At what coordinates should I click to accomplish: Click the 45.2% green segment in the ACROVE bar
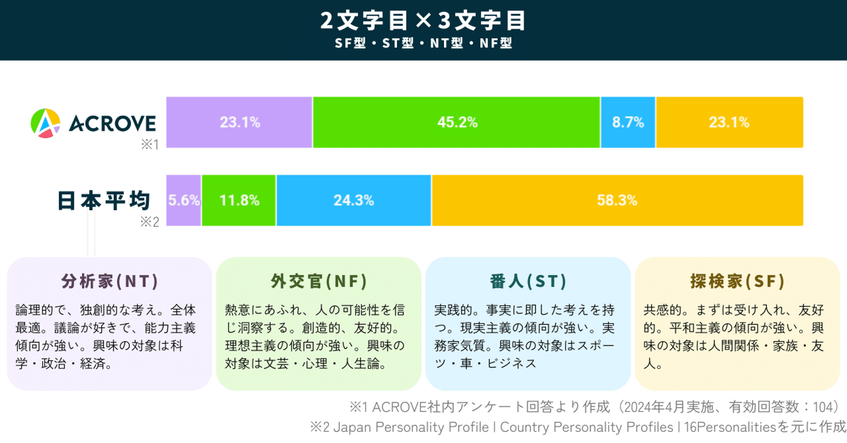(x=456, y=122)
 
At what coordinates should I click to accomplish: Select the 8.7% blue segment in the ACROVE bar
(x=628, y=122)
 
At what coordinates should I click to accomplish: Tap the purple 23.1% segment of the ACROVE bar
(x=239, y=122)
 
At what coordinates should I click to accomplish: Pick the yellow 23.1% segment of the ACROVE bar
(x=729, y=122)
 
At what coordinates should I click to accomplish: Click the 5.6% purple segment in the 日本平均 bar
(x=184, y=200)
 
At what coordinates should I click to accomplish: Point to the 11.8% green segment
(x=239, y=200)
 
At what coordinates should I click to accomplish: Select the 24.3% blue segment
(x=354, y=200)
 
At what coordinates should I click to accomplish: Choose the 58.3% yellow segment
(x=617, y=200)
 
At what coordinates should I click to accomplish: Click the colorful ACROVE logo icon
(x=45, y=123)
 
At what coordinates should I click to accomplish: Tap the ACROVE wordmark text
(x=112, y=123)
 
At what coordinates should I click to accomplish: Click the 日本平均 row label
(x=104, y=200)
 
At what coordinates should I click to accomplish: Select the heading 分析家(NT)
(x=109, y=282)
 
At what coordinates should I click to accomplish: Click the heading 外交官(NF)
(x=319, y=282)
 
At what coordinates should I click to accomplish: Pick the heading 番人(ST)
(x=528, y=282)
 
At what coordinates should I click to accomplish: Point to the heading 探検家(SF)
(x=738, y=282)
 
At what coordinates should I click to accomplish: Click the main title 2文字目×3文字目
(x=423, y=21)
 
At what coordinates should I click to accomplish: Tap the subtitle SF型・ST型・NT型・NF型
(x=423, y=43)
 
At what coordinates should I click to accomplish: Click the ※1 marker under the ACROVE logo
(x=149, y=145)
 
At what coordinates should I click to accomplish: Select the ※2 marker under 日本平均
(x=149, y=222)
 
